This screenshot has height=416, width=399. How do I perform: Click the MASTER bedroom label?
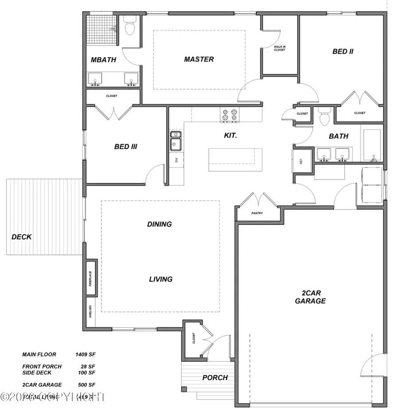point(199,59)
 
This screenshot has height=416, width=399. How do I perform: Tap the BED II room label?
point(343,51)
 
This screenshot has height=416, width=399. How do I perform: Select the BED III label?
point(125,147)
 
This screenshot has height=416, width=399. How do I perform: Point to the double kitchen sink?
point(176,140)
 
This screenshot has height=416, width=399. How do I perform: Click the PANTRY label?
point(257,213)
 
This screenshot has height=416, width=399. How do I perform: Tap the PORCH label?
point(215,378)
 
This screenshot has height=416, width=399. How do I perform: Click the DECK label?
point(22,237)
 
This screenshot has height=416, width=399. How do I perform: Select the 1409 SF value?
point(86,354)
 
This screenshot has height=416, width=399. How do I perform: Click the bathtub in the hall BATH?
point(372,145)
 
